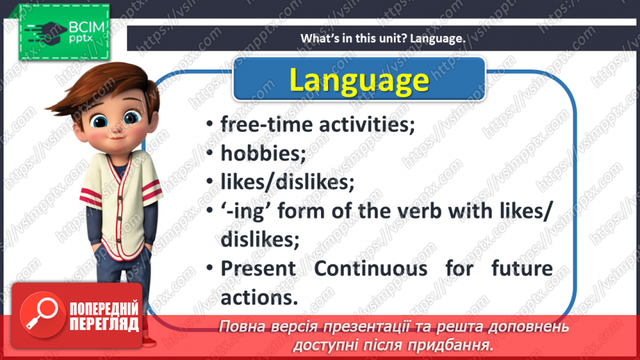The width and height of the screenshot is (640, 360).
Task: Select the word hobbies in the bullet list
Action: [x=263, y=154]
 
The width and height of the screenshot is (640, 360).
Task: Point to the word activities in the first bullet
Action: [x=367, y=124]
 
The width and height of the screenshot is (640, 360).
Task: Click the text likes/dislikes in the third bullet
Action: [x=288, y=182]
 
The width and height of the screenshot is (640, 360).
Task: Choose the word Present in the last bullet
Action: [x=259, y=268]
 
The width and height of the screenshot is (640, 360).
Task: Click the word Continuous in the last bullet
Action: [x=370, y=268]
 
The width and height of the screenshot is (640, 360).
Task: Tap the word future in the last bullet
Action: [x=522, y=268]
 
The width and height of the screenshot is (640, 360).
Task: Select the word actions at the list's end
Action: [x=259, y=298]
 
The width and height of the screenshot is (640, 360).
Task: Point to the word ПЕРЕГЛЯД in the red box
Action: [x=104, y=325]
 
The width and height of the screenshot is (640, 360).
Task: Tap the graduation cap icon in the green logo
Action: [x=46, y=32]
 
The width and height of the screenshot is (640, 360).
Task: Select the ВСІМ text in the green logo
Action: [x=86, y=27]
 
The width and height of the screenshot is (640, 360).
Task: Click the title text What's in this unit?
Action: [x=354, y=38]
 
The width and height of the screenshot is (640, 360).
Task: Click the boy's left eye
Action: [x=131, y=118]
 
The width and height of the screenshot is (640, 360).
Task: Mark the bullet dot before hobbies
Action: [x=210, y=153]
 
